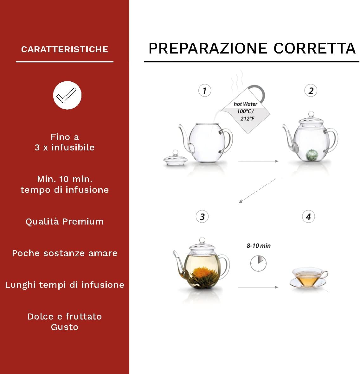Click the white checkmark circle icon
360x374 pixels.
67,95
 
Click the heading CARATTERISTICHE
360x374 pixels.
65,49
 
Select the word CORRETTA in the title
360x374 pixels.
314,48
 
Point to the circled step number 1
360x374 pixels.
204,91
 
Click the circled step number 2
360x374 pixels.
311,91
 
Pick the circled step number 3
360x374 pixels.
202,217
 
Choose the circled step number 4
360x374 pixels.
308,217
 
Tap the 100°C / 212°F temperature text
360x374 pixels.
246,115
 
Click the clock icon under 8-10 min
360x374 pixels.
258,263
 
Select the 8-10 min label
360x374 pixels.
259,246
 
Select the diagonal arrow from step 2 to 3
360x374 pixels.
257,191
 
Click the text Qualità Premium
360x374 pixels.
65,222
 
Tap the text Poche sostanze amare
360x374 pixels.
65,253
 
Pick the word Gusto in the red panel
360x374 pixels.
65,327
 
